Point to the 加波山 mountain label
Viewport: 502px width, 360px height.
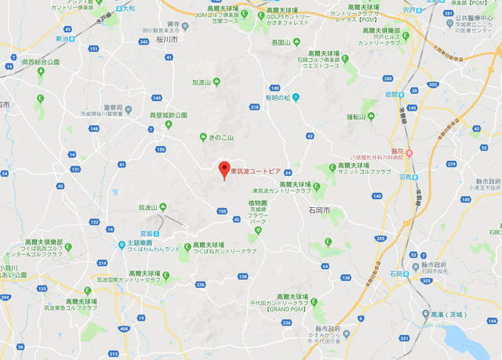pyautogui.click(x=203, y=81)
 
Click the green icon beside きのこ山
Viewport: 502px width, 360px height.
pyautogui.click(x=203, y=136)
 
